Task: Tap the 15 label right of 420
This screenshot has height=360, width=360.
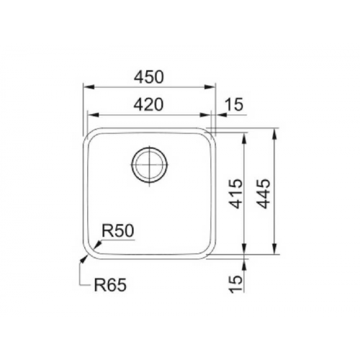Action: tap(234, 105)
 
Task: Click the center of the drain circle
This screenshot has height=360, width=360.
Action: tap(150, 164)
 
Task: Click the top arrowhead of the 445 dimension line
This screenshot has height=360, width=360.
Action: tap(276, 131)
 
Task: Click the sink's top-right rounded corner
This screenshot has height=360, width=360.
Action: tap(208, 136)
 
